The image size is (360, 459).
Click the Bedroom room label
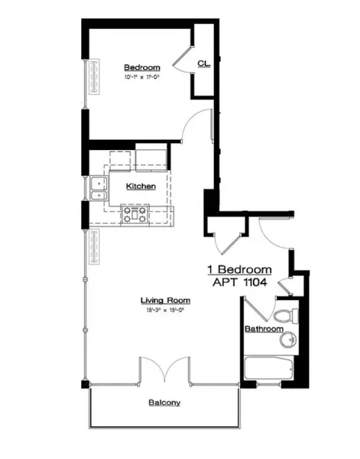point(141,67)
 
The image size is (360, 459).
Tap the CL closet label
point(204,63)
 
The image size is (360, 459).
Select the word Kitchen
point(141,186)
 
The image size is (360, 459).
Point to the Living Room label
point(161,300)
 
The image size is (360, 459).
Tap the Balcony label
point(164,402)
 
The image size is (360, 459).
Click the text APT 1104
point(241,282)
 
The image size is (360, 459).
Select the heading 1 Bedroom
point(240,269)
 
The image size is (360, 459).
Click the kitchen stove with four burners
point(136,215)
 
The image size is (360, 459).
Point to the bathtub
point(269,369)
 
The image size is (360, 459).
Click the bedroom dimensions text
point(141,77)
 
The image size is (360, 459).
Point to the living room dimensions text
point(161,310)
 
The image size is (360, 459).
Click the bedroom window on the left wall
point(92,77)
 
